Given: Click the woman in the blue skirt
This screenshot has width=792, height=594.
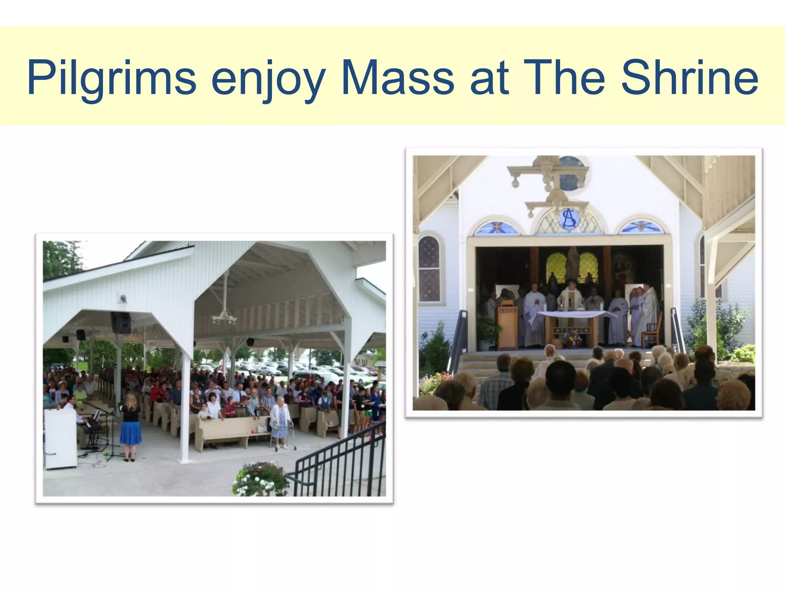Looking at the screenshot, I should coord(130,425).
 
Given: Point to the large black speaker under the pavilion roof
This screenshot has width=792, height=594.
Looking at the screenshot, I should coord(121,323).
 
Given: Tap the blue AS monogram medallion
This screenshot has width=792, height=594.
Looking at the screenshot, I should coord(569,219).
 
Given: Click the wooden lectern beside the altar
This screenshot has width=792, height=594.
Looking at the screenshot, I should coord(507,327).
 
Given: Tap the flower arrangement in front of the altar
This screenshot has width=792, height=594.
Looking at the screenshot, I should coord(572,340).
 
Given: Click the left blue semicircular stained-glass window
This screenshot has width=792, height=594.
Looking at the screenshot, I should coord(495,227).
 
